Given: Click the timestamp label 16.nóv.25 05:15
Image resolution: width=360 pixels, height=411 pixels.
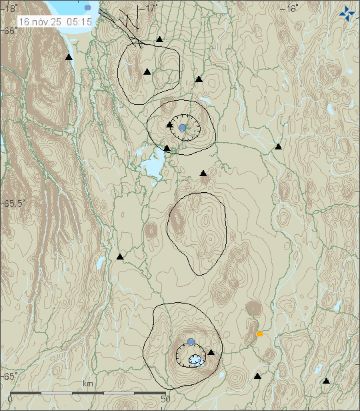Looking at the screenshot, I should [55, 22].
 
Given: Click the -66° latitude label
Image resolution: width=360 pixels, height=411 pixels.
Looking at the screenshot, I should [9, 31].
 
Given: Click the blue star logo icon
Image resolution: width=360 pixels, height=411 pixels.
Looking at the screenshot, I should [347, 12].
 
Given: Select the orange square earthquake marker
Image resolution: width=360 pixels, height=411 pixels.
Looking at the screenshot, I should [259, 334].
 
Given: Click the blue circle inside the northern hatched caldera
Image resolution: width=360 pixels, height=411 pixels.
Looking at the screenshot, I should [182, 127].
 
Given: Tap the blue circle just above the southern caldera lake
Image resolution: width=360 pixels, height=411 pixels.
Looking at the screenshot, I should [191, 342].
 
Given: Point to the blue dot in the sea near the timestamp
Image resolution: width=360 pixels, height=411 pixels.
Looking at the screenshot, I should [88, 7].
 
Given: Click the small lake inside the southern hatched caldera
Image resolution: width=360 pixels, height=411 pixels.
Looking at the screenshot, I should [195, 360].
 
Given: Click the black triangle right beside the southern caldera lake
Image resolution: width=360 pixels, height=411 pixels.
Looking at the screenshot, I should [211, 352].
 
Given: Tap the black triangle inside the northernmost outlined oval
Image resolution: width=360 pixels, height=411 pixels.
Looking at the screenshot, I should [147, 71].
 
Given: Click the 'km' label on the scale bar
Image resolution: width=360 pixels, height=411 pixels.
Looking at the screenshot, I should [87, 384].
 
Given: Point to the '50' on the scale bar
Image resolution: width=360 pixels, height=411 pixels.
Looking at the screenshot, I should [166, 399].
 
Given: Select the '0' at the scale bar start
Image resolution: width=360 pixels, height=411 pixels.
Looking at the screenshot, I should [9, 399].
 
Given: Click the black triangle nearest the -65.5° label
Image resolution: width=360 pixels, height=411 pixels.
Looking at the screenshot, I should [120, 256].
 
